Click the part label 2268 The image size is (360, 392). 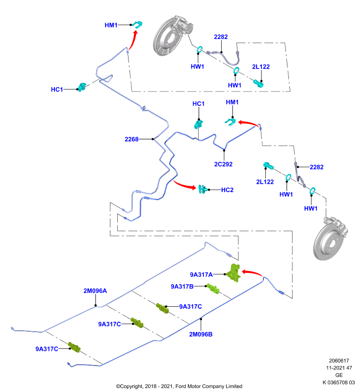(131, 139)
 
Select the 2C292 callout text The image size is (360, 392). (223, 164)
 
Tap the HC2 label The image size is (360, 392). (228, 190)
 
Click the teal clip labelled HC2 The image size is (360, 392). (203, 189)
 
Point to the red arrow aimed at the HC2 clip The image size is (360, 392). (184, 185)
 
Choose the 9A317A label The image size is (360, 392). (202, 275)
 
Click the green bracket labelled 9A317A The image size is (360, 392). (234, 272)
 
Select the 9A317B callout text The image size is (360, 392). (182, 287)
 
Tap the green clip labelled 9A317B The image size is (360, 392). (213, 288)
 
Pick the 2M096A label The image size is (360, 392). (95, 291)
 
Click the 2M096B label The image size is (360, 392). (201, 335)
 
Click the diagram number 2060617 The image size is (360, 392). (339, 361)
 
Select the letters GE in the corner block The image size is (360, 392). (339, 375)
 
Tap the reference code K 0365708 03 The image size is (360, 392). (339, 383)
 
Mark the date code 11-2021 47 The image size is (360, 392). (339, 368)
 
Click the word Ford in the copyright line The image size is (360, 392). (181, 386)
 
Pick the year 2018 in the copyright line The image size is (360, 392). (150, 386)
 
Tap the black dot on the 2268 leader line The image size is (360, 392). (153, 139)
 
